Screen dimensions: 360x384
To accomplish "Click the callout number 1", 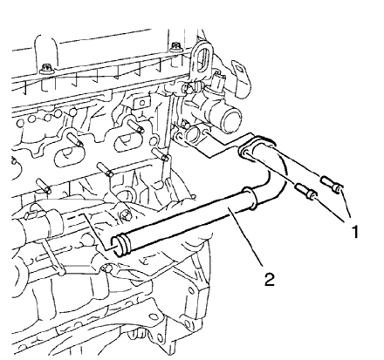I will click(x=353, y=232).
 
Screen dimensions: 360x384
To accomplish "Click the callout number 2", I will click(x=271, y=281).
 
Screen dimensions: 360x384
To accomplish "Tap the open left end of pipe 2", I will click(x=122, y=247).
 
